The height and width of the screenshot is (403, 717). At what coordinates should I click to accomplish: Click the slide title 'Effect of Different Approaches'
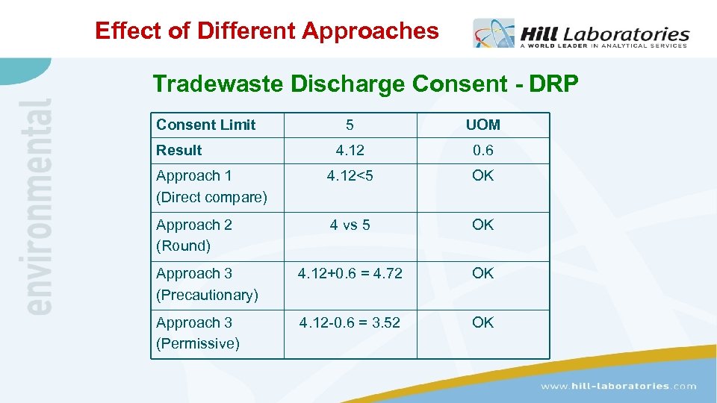pos(267,31)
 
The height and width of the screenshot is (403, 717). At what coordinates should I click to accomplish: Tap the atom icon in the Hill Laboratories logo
pos(494,34)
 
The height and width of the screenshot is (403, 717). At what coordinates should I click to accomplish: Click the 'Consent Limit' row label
pos(205,125)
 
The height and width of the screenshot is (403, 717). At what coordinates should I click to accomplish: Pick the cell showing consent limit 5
pos(350,125)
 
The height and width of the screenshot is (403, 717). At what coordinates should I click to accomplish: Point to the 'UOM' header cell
pos(482,125)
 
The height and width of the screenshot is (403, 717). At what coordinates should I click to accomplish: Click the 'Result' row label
pos(179,150)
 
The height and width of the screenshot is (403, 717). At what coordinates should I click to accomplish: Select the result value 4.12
pos(350,150)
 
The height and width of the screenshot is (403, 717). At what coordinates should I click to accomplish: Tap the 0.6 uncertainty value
pos(482,150)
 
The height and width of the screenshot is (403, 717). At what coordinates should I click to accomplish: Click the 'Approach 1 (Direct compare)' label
pos(211,187)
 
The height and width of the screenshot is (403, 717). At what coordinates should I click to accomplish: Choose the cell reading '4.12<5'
pos(350,175)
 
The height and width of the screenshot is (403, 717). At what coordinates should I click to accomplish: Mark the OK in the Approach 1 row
pos(482,175)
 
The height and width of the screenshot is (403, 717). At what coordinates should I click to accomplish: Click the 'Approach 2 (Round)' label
pos(193,235)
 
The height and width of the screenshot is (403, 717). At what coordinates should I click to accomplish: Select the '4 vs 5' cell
pos(350,225)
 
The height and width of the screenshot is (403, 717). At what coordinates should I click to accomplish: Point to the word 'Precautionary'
pos(207,295)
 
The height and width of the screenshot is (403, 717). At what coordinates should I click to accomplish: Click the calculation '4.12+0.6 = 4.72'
pos(350,273)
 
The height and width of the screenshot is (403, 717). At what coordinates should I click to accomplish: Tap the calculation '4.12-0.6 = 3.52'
pos(350,322)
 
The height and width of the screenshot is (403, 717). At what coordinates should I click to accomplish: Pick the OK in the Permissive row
pos(482,322)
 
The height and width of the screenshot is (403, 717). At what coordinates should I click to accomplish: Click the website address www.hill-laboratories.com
pos(618,386)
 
